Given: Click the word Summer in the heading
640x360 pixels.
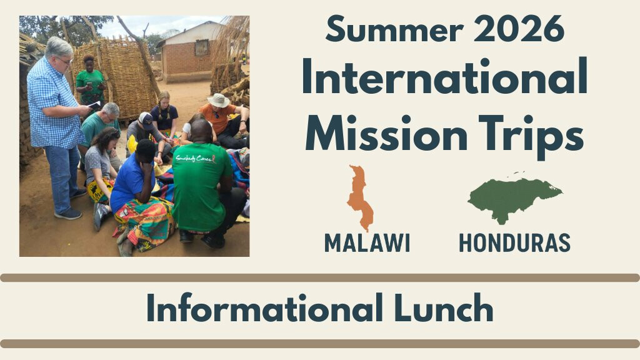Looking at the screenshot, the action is click(395, 29).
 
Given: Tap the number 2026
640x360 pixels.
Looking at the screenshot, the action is click(519, 29).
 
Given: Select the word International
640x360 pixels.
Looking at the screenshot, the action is click(445, 76).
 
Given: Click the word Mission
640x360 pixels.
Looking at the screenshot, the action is click(387, 132).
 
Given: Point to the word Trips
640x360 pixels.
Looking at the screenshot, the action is click(531, 136).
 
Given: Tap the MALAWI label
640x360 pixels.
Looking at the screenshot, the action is click(367, 243).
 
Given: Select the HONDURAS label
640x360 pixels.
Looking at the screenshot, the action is click(514, 243).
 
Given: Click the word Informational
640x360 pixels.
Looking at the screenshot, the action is click(265, 308).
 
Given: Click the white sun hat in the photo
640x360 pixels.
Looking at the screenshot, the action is click(218, 101).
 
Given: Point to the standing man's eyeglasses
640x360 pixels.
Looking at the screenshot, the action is click(64, 61).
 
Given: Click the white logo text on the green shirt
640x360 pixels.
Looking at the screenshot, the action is click(196, 158).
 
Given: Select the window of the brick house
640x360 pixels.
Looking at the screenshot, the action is click(202, 48).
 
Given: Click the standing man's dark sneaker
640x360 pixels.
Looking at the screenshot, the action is click(68, 214).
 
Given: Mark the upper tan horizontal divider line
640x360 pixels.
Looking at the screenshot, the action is click(320, 278).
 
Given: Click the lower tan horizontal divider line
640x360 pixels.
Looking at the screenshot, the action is click(320, 344).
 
